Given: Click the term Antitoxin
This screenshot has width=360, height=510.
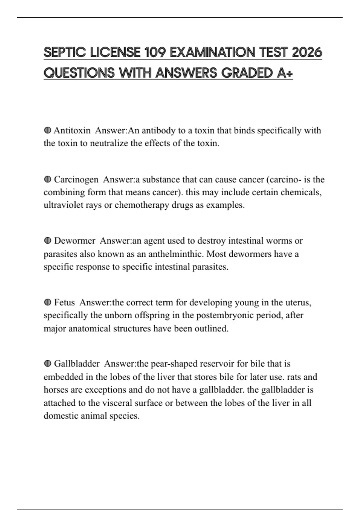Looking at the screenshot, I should (x=72, y=130).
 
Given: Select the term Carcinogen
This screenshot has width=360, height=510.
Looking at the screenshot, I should (x=76, y=179).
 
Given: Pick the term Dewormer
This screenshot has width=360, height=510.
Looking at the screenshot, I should (x=75, y=241).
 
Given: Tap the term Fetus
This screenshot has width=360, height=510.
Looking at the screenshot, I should (x=64, y=302).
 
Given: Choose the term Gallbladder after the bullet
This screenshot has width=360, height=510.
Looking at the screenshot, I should (x=77, y=364).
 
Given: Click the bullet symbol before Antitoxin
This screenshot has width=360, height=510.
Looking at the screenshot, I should (x=47, y=130).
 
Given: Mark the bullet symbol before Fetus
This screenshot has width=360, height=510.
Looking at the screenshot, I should (x=47, y=302).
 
